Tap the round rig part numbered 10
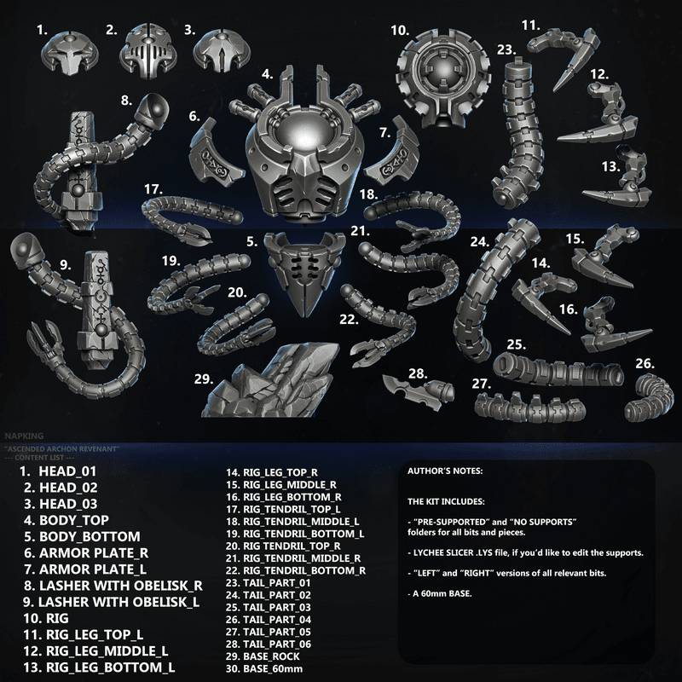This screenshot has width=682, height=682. pyautogui.click(x=443, y=78)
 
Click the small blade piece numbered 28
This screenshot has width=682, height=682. pyautogui.click(x=419, y=391)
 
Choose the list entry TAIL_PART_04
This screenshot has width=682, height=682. pyautogui.click(x=277, y=620)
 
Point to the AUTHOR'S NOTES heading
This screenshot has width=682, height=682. pyautogui.click(x=445, y=471)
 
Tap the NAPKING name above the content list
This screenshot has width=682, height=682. pyautogui.click(x=25, y=436)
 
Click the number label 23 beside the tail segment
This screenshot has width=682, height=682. pyautogui.click(x=506, y=50)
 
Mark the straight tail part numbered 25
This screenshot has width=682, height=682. pyautogui.click(x=558, y=370)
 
